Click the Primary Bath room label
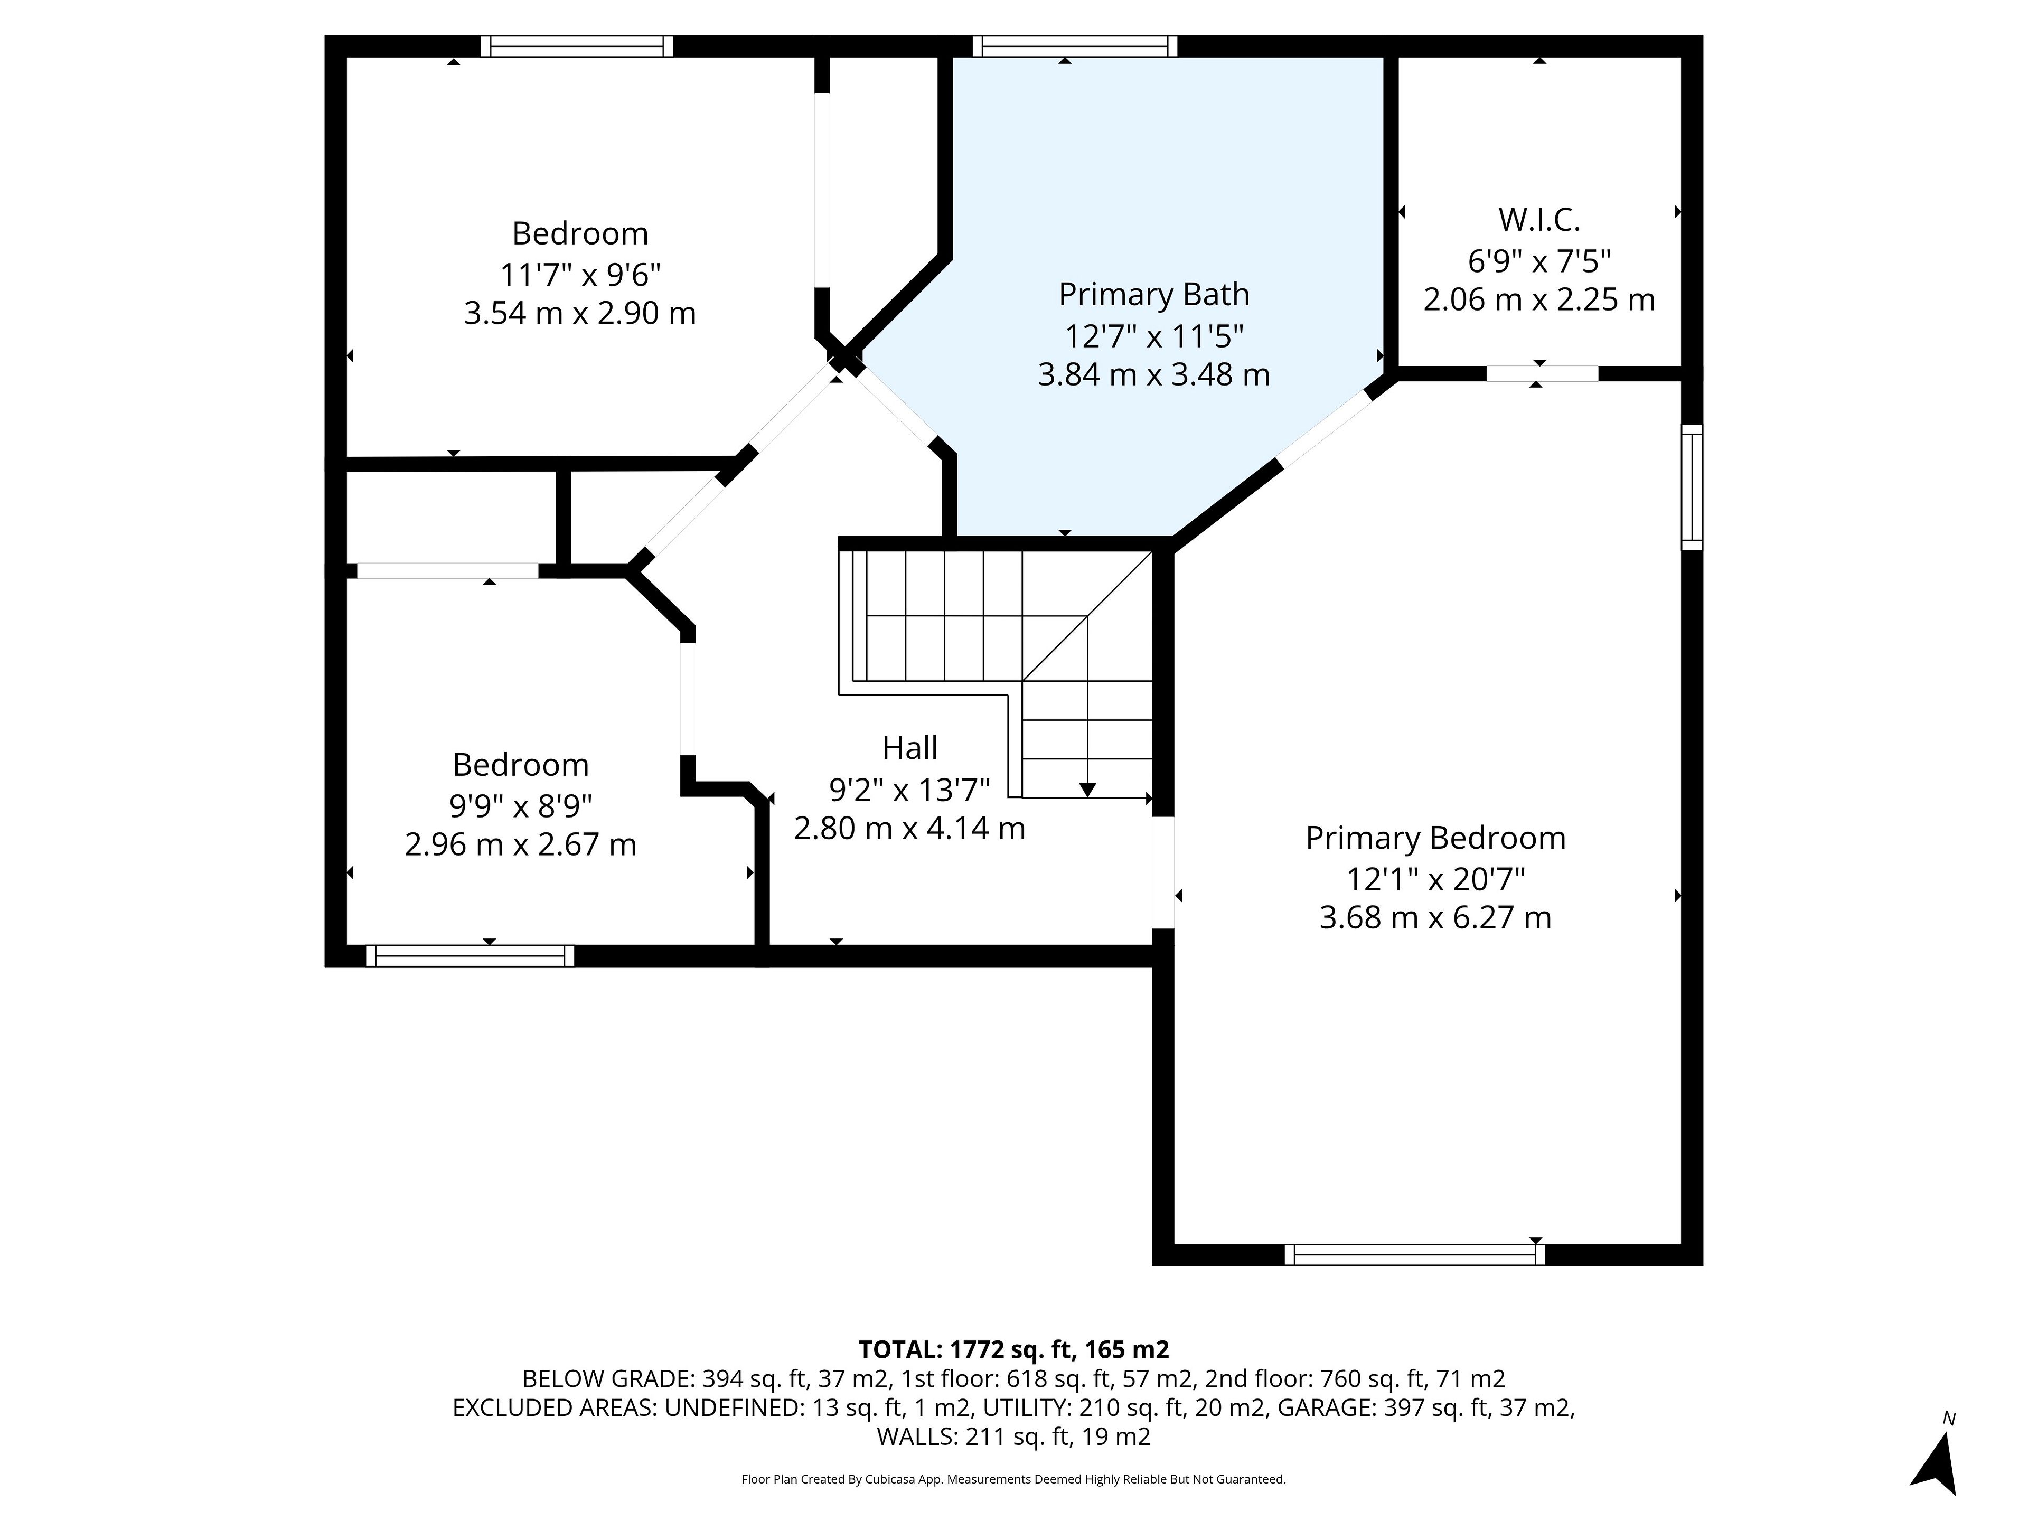tap(1153, 294)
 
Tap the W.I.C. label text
tap(1539, 220)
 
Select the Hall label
tap(909, 748)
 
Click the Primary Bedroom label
tap(1435, 838)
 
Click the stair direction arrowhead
tap(1087, 790)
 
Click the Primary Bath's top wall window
tap(1075, 46)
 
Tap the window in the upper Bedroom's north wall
tap(577, 46)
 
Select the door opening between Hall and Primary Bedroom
tap(1162, 872)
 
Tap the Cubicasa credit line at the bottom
tap(1013, 1479)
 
